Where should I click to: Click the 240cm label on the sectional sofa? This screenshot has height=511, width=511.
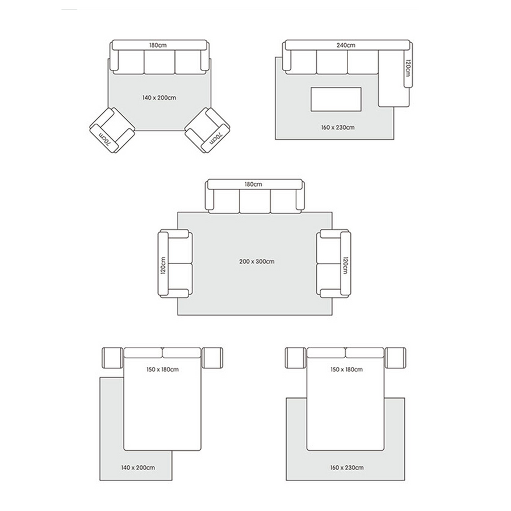[346, 45]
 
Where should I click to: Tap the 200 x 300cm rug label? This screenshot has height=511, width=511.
[257, 261]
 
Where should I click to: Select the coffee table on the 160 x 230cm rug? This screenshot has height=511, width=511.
[336, 99]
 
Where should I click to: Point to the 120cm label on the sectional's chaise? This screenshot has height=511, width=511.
[407, 68]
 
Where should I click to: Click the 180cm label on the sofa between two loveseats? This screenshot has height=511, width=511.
[253, 185]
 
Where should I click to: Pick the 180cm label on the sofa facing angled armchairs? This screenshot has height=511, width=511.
[158, 45]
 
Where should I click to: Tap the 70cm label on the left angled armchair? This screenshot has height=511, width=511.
[105, 139]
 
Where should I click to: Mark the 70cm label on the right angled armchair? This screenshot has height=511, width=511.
[215, 139]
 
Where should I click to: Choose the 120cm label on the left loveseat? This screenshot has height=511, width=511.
[164, 265]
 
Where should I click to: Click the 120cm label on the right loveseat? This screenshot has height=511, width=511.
[345, 265]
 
